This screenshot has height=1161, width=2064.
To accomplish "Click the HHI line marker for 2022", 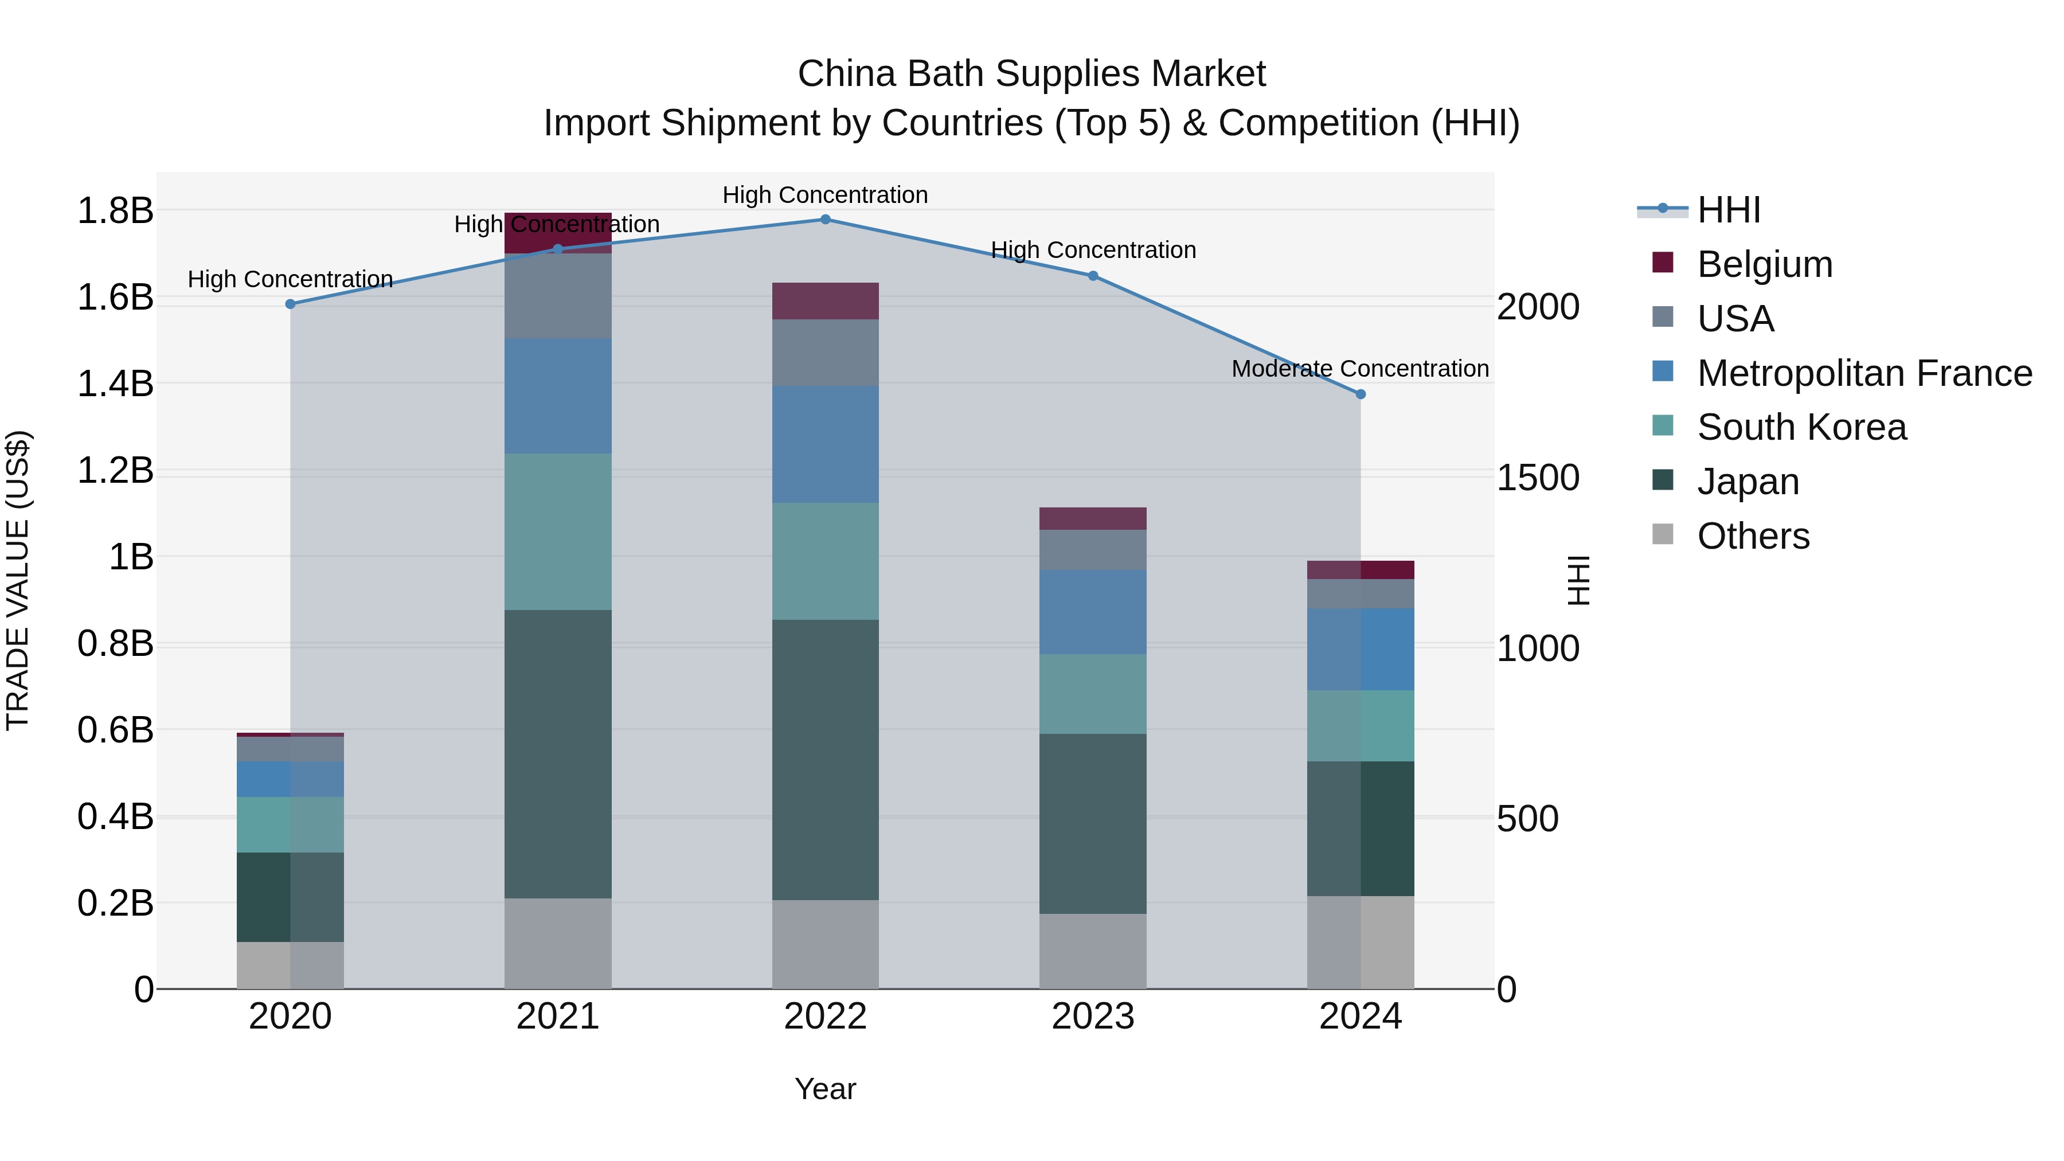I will [x=825, y=219].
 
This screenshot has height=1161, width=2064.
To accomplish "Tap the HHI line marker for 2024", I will [x=1361, y=394].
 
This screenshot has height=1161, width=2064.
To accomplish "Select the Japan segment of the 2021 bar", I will [x=558, y=753].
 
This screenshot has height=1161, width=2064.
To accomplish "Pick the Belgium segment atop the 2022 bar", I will [x=825, y=301].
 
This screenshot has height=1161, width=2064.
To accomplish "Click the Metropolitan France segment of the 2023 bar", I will [x=1093, y=612].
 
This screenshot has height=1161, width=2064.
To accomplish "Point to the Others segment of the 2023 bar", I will [x=1093, y=951].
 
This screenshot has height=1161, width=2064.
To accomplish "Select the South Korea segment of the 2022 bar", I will [x=825, y=561].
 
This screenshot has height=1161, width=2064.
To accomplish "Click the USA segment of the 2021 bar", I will [x=558, y=296].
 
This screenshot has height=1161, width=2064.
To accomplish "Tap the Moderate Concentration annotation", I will [x=1360, y=369].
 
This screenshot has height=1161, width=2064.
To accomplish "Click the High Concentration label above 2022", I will [x=825, y=195].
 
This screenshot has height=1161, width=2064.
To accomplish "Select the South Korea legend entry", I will [x=1801, y=427].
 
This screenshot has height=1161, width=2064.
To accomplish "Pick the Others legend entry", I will [x=1753, y=536].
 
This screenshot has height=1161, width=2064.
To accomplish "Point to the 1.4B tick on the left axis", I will [x=115, y=384].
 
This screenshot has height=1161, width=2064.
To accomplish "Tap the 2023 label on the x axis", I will [x=1093, y=1017].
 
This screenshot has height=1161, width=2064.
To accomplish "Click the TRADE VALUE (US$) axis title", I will [x=18, y=580].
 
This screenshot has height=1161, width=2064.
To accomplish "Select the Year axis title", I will [x=825, y=1089].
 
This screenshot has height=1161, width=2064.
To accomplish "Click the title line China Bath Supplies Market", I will [x=1031, y=74].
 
